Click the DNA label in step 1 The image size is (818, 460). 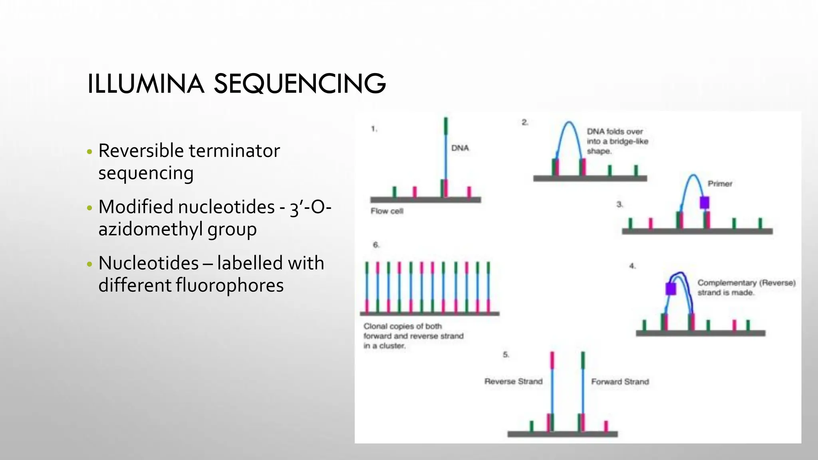460,148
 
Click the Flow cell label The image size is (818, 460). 387,211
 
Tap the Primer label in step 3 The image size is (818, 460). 720,184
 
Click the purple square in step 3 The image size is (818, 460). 705,202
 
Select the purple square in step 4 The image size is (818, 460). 671,289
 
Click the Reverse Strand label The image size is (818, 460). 513,381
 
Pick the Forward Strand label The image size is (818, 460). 620,382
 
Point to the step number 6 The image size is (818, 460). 376,245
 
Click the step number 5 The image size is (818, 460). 506,355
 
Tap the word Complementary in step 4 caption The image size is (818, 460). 727,283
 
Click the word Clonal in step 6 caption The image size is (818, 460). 375,326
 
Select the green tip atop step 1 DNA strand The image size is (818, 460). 446,126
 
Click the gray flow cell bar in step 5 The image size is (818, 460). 562,434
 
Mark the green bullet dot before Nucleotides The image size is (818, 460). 89,264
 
